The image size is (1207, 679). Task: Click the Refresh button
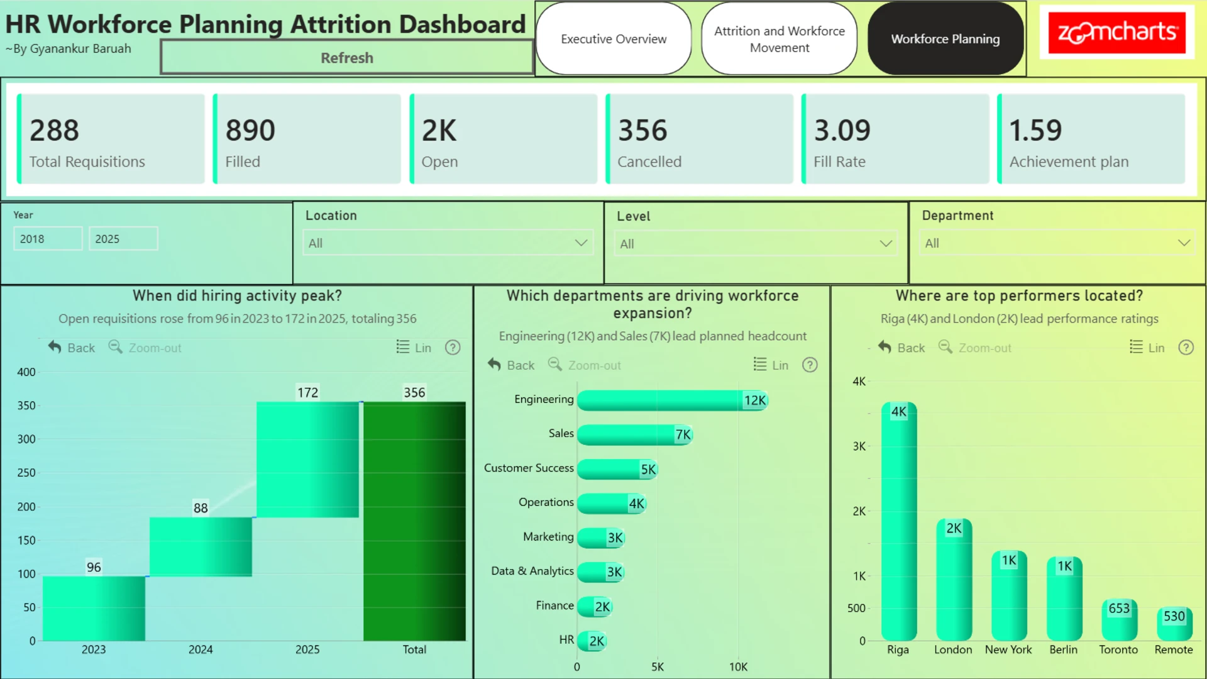click(x=347, y=57)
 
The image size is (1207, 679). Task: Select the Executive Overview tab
click(x=614, y=39)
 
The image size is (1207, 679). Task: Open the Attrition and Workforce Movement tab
click(x=780, y=39)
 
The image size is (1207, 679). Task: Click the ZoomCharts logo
click(x=1117, y=32)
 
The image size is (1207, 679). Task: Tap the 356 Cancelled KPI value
click(x=642, y=130)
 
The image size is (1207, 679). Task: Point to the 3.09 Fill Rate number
click(x=842, y=130)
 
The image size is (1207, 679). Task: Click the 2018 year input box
click(x=48, y=239)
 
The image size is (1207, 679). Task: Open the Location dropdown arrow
click(x=581, y=243)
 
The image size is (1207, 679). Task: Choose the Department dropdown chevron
click(x=1184, y=243)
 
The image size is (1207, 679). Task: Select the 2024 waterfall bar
click(x=201, y=546)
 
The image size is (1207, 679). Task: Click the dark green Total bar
click(x=414, y=521)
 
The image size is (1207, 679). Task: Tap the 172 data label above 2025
click(x=307, y=393)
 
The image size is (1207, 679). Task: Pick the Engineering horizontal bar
click(x=673, y=400)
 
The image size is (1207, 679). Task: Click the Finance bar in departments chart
click(x=595, y=607)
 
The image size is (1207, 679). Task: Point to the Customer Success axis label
click(x=529, y=468)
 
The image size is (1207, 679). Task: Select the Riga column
click(x=899, y=521)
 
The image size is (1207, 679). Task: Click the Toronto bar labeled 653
click(x=1120, y=620)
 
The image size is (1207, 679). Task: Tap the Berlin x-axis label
click(x=1063, y=650)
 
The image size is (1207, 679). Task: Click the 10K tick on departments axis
click(x=738, y=667)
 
